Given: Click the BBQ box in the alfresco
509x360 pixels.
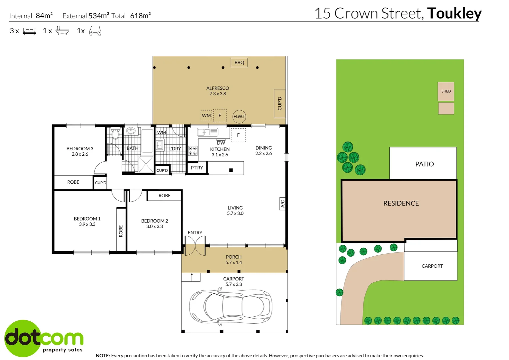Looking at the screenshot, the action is click(239, 63).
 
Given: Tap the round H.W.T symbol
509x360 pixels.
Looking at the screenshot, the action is click(239, 116).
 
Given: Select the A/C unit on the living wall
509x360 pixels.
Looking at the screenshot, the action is click(282, 204).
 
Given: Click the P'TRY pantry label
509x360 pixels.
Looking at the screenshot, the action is click(197, 168).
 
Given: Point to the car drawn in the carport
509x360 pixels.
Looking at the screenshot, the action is click(231, 306).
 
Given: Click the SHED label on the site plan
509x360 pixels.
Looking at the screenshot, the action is click(446, 91).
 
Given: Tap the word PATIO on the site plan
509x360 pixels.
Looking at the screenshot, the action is click(424, 164).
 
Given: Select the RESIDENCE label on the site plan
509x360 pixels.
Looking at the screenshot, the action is click(401, 203).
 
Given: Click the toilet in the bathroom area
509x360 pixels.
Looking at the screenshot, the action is click(116, 133).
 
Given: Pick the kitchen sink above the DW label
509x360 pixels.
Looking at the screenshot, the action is click(208, 132).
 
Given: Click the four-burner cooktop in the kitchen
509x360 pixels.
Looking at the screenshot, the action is click(193, 151).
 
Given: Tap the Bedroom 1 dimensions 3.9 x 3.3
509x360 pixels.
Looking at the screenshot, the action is click(87, 224).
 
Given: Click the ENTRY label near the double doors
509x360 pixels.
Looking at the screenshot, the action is click(195, 232).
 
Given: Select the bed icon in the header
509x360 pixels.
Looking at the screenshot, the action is click(29, 31).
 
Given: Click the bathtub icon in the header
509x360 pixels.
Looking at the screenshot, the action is click(62, 30).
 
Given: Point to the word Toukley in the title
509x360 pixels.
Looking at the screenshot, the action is click(454, 13).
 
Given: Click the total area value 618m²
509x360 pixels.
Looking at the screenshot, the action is click(141, 15).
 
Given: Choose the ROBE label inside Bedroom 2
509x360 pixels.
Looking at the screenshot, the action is click(164, 196).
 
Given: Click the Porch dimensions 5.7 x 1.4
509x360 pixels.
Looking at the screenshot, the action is click(234, 262).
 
